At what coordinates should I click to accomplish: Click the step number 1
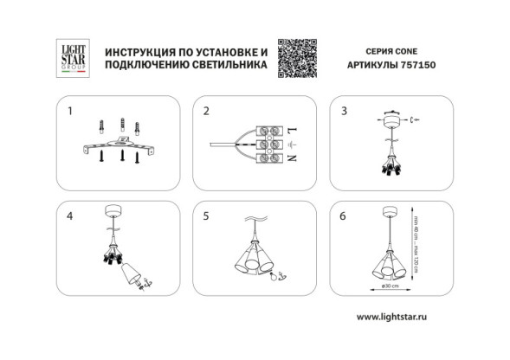point(71,112)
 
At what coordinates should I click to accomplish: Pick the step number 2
point(206,112)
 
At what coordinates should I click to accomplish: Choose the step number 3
point(344,112)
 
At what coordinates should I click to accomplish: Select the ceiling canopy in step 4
point(113,209)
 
